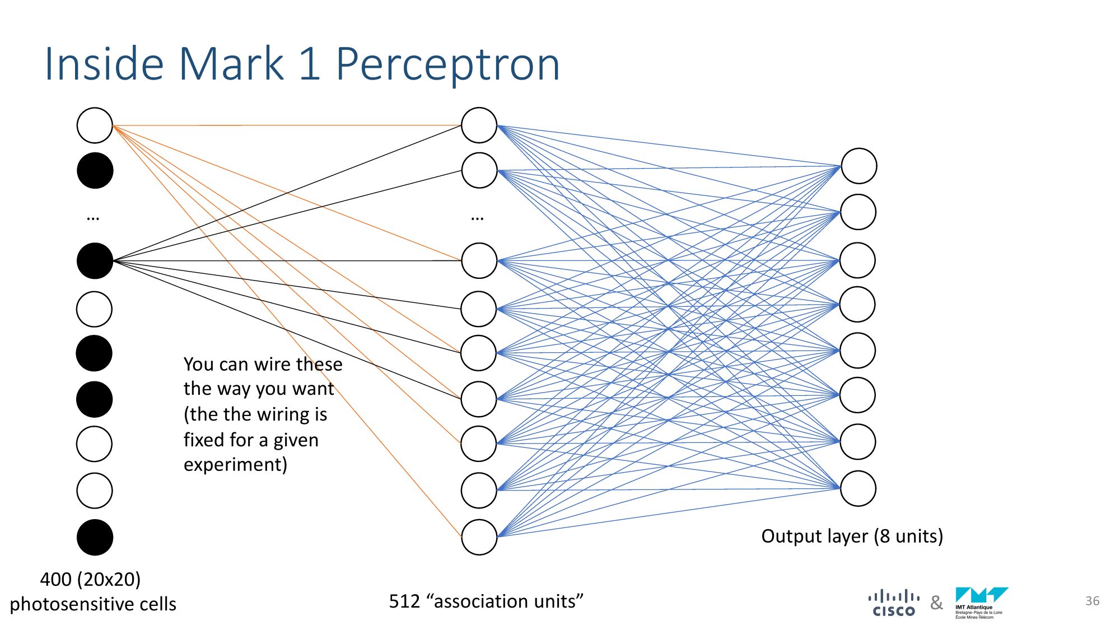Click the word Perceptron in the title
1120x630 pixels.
pyautogui.click(x=447, y=65)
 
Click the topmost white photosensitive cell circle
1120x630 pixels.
pyautogui.click(x=95, y=125)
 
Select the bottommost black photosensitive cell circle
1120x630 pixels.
pyautogui.click(x=95, y=537)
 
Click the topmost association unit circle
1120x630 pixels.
pyautogui.click(x=479, y=125)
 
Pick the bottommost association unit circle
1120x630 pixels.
pyautogui.click(x=479, y=537)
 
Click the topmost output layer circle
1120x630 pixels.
pyautogui.click(x=858, y=166)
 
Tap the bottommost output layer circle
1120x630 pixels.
pyautogui.click(x=858, y=488)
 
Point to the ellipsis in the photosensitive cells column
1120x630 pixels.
pyautogui.click(x=93, y=217)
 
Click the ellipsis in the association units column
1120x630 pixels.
pyautogui.click(x=477, y=217)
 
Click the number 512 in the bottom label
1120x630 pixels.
pyautogui.click(x=404, y=601)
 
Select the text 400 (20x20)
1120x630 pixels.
pyautogui.click(x=90, y=579)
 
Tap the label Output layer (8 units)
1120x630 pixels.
pyautogui.click(x=852, y=536)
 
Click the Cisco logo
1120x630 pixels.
pyautogui.click(x=894, y=604)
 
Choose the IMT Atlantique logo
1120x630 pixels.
pyautogui.click(x=981, y=603)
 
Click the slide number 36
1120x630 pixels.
pyautogui.click(x=1092, y=601)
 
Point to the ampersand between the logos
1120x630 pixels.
pyautogui.click(x=936, y=603)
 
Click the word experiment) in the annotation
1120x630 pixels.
pyautogui.click(x=235, y=465)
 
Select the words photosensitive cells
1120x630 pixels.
pyautogui.click(x=93, y=604)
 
